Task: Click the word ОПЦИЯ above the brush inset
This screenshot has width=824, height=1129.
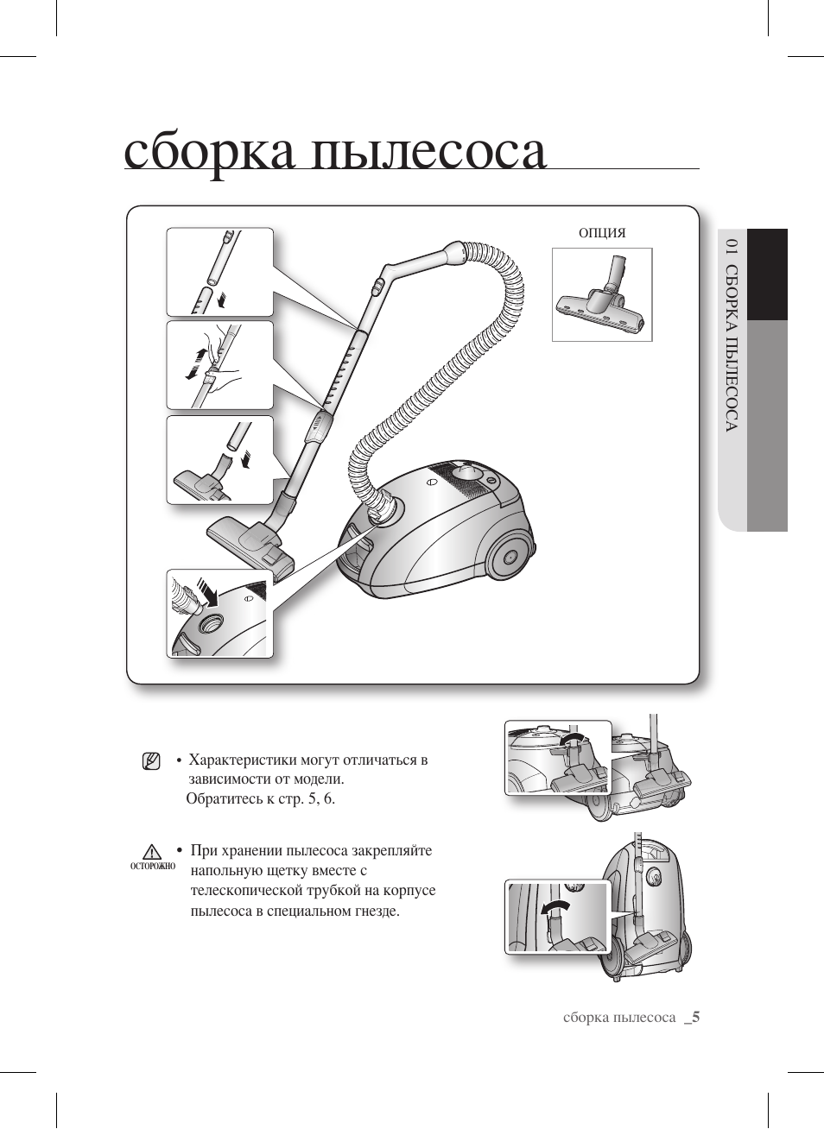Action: coord(601,233)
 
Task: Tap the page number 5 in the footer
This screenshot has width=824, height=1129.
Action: coord(695,1017)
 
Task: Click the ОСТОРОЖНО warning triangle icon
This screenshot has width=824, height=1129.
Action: coord(153,853)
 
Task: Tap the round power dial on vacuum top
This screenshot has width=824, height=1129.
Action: coord(467,472)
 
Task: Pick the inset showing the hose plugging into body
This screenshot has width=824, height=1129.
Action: coord(219,614)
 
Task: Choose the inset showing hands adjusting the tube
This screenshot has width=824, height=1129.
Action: coord(219,365)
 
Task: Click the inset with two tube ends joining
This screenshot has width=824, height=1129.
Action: coord(219,272)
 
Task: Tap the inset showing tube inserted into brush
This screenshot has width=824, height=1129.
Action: coord(219,460)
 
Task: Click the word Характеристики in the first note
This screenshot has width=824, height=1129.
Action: coord(243,760)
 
